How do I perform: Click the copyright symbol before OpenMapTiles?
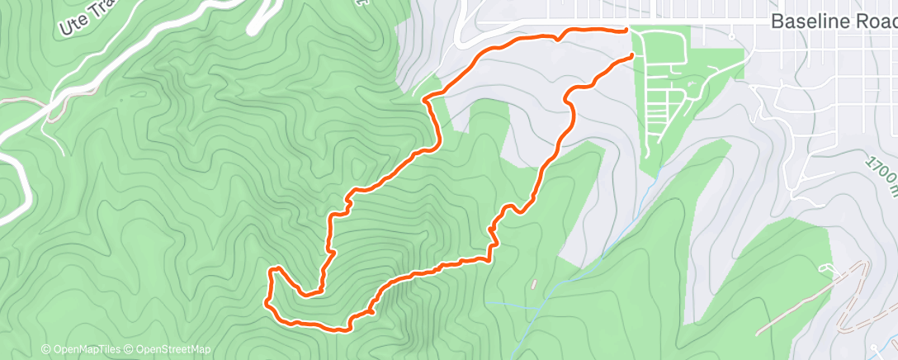click(x=46, y=349)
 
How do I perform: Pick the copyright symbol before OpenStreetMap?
click(x=130, y=349)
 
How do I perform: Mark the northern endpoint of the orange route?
click(x=626, y=30)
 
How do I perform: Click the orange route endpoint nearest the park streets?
click(x=632, y=55)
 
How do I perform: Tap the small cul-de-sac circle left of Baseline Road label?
click(x=732, y=36)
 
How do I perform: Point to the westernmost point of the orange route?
click(x=266, y=303)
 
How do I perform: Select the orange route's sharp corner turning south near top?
click(x=426, y=100)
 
